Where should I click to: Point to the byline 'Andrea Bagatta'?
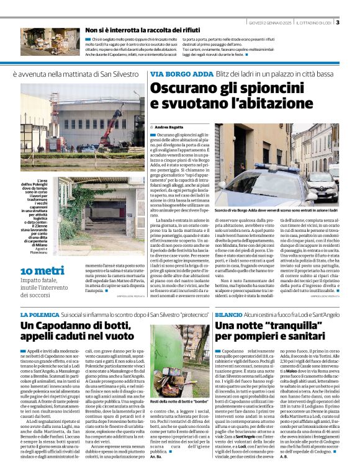coord(166,127)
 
